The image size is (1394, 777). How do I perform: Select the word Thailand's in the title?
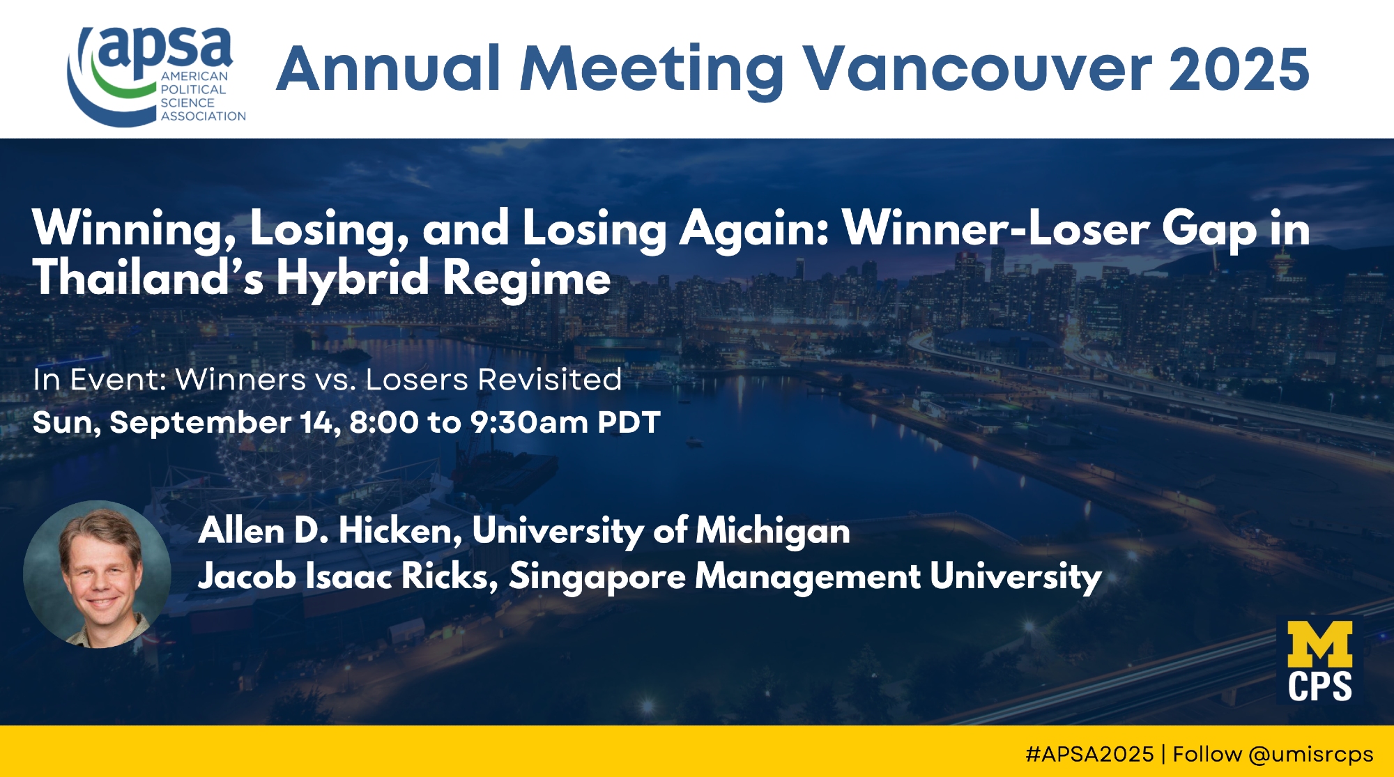point(148,277)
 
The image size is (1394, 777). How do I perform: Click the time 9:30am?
point(529,422)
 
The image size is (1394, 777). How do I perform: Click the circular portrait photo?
point(97,574)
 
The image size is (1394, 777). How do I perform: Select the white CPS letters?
point(1320,686)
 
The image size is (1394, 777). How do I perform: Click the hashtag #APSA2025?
point(1089,754)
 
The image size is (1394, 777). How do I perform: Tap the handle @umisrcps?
point(1311,755)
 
